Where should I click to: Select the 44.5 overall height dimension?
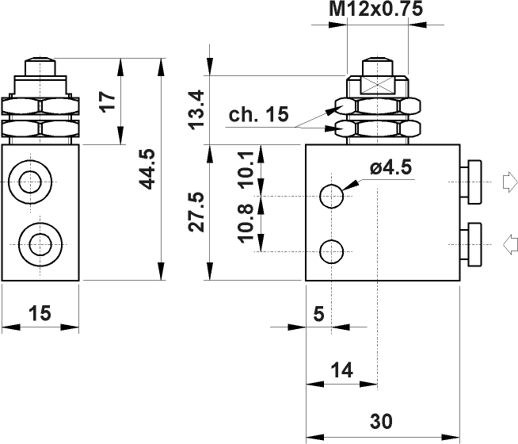[x=146, y=168]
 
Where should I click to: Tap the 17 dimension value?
[x=109, y=101]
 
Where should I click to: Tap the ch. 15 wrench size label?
[x=258, y=115]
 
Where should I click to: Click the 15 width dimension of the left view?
[x=40, y=313]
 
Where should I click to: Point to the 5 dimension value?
[x=318, y=314]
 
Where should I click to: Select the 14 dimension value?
[x=341, y=370]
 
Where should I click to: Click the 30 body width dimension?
[x=381, y=420]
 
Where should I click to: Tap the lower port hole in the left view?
[x=36, y=241]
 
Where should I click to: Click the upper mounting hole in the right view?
[x=332, y=194]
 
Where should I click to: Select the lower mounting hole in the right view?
[x=332, y=251]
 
